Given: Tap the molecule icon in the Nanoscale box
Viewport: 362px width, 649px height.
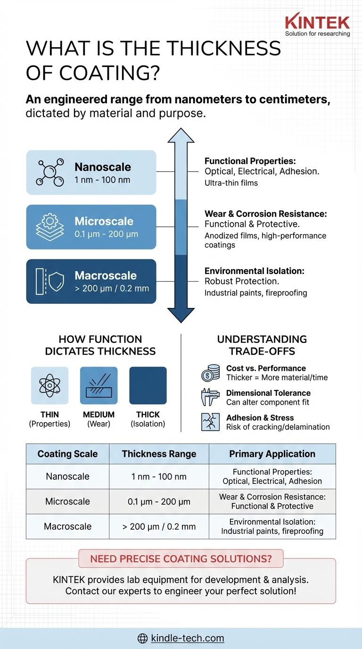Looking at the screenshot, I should pos(50,172).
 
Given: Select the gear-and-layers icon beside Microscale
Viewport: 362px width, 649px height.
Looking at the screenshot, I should pos(50,227).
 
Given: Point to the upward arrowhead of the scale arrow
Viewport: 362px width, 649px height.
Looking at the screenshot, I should pos(181,135).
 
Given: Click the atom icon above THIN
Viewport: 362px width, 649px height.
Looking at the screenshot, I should pos(49,385).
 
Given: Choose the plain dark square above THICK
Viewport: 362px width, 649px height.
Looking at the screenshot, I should pos(148,385).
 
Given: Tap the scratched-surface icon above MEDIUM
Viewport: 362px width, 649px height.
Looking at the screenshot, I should pos(99,385).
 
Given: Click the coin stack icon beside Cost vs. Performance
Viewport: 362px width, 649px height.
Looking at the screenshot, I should pos(210,373).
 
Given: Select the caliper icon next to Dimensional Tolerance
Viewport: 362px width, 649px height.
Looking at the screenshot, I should pos(210,398).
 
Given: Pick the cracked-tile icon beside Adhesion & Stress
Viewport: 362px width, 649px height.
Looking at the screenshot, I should pos(210,422).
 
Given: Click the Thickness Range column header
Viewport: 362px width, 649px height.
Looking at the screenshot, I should pos(159,454).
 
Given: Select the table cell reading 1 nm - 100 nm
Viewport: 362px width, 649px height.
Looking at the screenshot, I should pos(159,476).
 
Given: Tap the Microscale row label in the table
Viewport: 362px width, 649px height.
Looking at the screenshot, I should pos(67,501).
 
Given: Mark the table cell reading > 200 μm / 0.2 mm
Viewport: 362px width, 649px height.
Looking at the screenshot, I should pos(159,526).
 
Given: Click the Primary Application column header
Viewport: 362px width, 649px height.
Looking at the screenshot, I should pos(272,454).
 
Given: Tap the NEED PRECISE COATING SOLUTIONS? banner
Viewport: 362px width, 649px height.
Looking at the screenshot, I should pos(181,559).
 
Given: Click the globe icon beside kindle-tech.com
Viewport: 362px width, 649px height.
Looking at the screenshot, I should pos(143,639).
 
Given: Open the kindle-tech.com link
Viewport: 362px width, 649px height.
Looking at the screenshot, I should pos(188,639).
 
